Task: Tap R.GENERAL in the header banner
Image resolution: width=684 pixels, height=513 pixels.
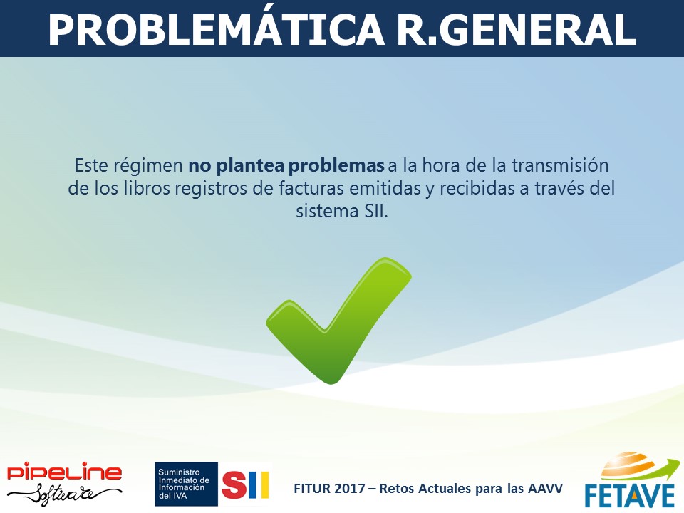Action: [517, 29]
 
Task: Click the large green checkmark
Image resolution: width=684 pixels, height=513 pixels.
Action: [338, 321]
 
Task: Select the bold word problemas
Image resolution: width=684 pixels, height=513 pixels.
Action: [336, 166]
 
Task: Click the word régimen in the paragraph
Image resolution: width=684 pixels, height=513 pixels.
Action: [148, 166]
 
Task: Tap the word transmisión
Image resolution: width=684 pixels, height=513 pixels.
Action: [560, 165]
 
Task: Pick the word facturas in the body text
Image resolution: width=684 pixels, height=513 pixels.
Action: [311, 188]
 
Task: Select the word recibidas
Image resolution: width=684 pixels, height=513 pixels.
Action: [476, 188]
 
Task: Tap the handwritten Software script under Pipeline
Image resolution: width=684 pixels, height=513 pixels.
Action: [65, 494]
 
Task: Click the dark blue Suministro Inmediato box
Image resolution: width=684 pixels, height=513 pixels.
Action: [186, 484]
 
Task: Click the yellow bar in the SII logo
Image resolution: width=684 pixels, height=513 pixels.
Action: [264, 484]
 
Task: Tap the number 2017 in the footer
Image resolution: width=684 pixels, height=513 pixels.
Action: [349, 488]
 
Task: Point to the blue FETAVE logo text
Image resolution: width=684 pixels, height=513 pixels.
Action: [630, 495]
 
